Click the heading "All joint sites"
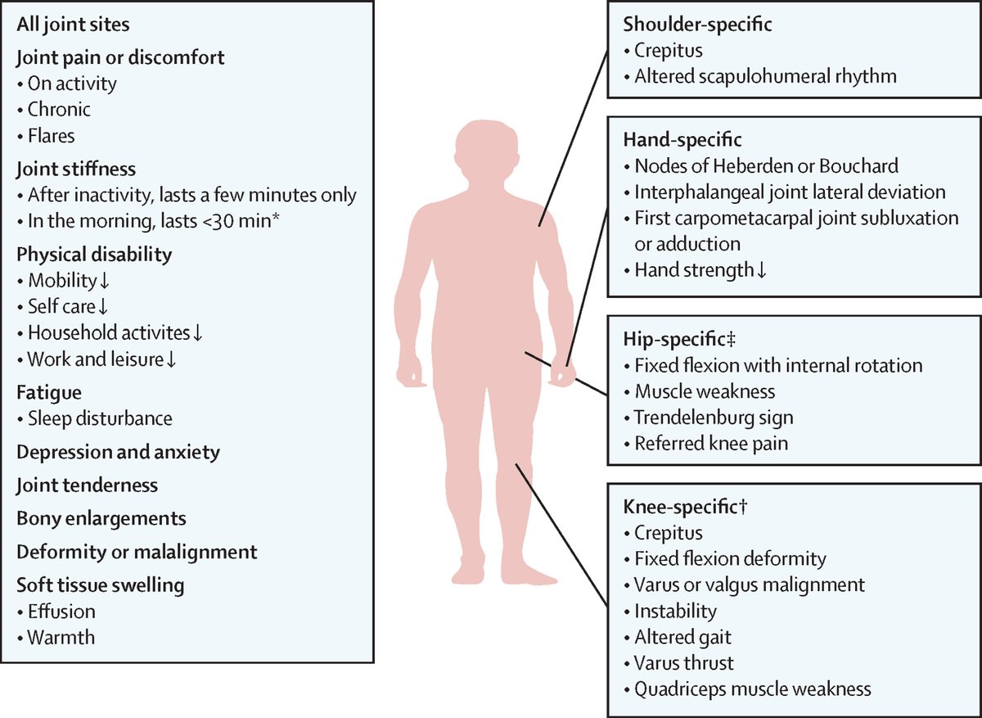point(71,25)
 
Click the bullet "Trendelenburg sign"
point(713,418)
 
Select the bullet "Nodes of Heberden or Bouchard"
point(766,166)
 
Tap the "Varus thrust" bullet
point(684,662)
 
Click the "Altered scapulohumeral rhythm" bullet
point(765,76)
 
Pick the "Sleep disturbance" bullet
point(100,418)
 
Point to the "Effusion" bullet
point(61,611)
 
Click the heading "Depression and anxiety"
point(118,452)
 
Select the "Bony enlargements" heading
point(101,518)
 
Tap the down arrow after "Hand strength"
point(762,270)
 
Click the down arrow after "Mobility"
point(104,281)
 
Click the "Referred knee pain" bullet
point(710,444)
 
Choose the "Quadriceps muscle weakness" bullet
point(752,689)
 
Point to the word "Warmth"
point(61,637)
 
